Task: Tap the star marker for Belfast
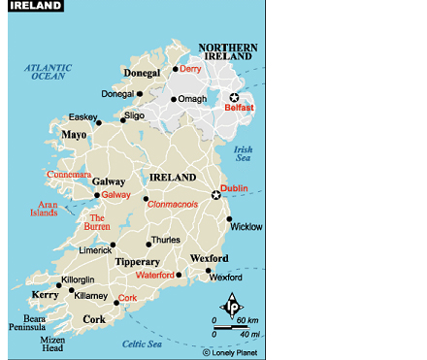pos(233,97)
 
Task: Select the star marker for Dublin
pos(216,195)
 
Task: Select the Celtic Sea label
pos(141,344)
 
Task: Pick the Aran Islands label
pos(48,210)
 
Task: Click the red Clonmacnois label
pos(172,204)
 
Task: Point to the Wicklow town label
pos(246,226)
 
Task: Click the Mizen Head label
pos(52,345)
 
